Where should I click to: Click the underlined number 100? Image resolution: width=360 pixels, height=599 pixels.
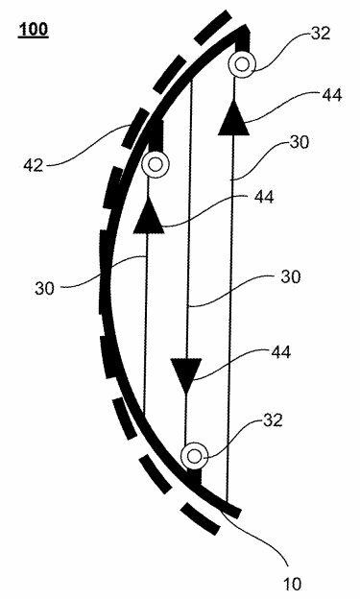[x=34, y=30]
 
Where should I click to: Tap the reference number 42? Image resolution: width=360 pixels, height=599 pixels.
[x=34, y=165]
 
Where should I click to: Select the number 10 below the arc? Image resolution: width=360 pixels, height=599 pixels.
[x=292, y=584]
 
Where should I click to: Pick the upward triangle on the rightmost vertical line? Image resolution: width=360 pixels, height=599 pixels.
[x=233, y=118]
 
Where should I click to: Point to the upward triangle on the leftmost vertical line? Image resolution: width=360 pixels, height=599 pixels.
[x=149, y=215]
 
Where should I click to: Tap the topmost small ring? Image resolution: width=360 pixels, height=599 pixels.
[x=242, y=64]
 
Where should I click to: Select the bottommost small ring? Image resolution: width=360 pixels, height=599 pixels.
[x=195, y=456]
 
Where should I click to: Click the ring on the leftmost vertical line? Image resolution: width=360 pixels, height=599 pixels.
[x=156, y=165]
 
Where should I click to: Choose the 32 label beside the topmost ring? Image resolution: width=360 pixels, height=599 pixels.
[x=321, y=34]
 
